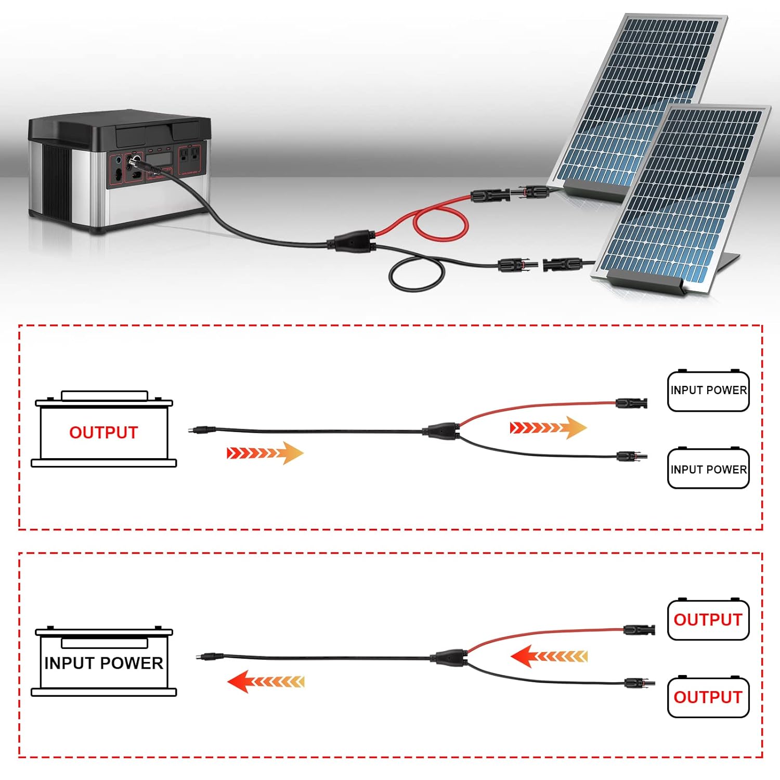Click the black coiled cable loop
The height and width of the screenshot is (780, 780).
point(417,276)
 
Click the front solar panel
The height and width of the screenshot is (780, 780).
point(686,198)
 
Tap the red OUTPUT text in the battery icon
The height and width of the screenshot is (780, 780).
point(103,433)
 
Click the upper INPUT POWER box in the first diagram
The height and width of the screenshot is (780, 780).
point(708,391)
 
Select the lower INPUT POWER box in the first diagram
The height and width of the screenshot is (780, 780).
point(708,469)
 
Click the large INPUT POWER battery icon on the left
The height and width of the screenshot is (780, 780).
point(103,662)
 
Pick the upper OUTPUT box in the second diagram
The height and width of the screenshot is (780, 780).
point(708,620)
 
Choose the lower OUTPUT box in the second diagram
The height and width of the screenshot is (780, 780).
point(708,697)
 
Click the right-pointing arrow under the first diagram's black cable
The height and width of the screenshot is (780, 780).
point(265,453)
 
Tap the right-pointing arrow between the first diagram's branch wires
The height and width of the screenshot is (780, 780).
point(548,428)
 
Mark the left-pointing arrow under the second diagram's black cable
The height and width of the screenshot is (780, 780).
point(266,682)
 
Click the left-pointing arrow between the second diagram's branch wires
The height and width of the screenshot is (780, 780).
point(549,656)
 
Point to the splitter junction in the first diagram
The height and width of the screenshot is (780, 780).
point(442,431)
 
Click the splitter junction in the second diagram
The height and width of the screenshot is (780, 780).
point(450,658)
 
